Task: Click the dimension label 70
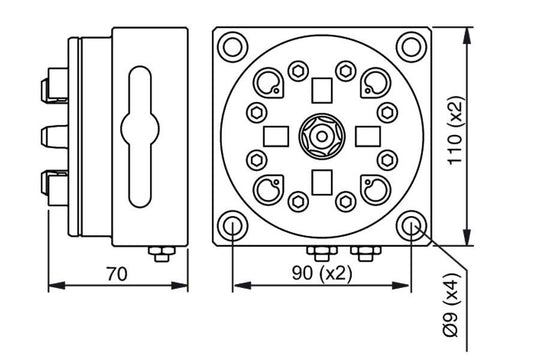pyautogui.click(x=118, y=271)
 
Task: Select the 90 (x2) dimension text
pyautogui.click(x=322, y=272)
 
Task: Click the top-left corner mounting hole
pyautogui.click(x=233, y=45)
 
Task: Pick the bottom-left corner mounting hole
pyautogui.click(x=233, y=225)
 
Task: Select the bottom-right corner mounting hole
pyautogui.click(x=411, y=225)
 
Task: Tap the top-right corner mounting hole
pyautogui.click(x=411, y=45)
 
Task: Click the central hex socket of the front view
pyautogui.click(x=322, y=135)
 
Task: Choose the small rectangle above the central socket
pyautogui.click(x=322, y=91)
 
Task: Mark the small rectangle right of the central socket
pyautogui.click(x=367, y=135)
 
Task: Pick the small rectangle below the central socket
pyautogui.click(x=322, y=180)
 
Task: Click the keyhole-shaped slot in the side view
pyautogui.click(x=148, y=131)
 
